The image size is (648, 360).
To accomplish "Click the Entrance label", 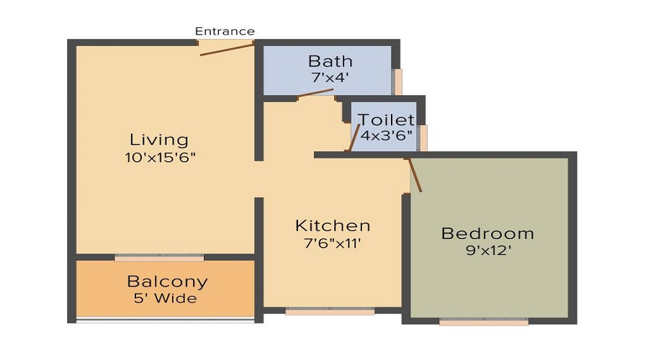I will [225, 31].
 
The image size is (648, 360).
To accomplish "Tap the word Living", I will [158, 139].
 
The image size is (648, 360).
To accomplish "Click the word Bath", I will [330, 60].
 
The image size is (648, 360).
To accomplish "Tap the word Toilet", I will [387, 120].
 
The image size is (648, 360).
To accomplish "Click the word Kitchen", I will [333, 226].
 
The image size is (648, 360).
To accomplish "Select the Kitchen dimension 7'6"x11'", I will [333, 243].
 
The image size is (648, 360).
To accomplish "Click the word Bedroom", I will [487, 233].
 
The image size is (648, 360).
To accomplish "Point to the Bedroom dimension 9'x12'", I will [487, 251].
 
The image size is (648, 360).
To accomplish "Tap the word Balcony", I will [167, 282].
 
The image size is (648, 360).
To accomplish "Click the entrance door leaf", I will [228, 49].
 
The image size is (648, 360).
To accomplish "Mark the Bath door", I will [316, 92].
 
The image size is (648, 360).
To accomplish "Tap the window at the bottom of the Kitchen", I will [330, 312].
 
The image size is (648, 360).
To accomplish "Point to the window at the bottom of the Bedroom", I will [484, 323].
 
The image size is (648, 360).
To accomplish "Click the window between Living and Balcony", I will [159, 257].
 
